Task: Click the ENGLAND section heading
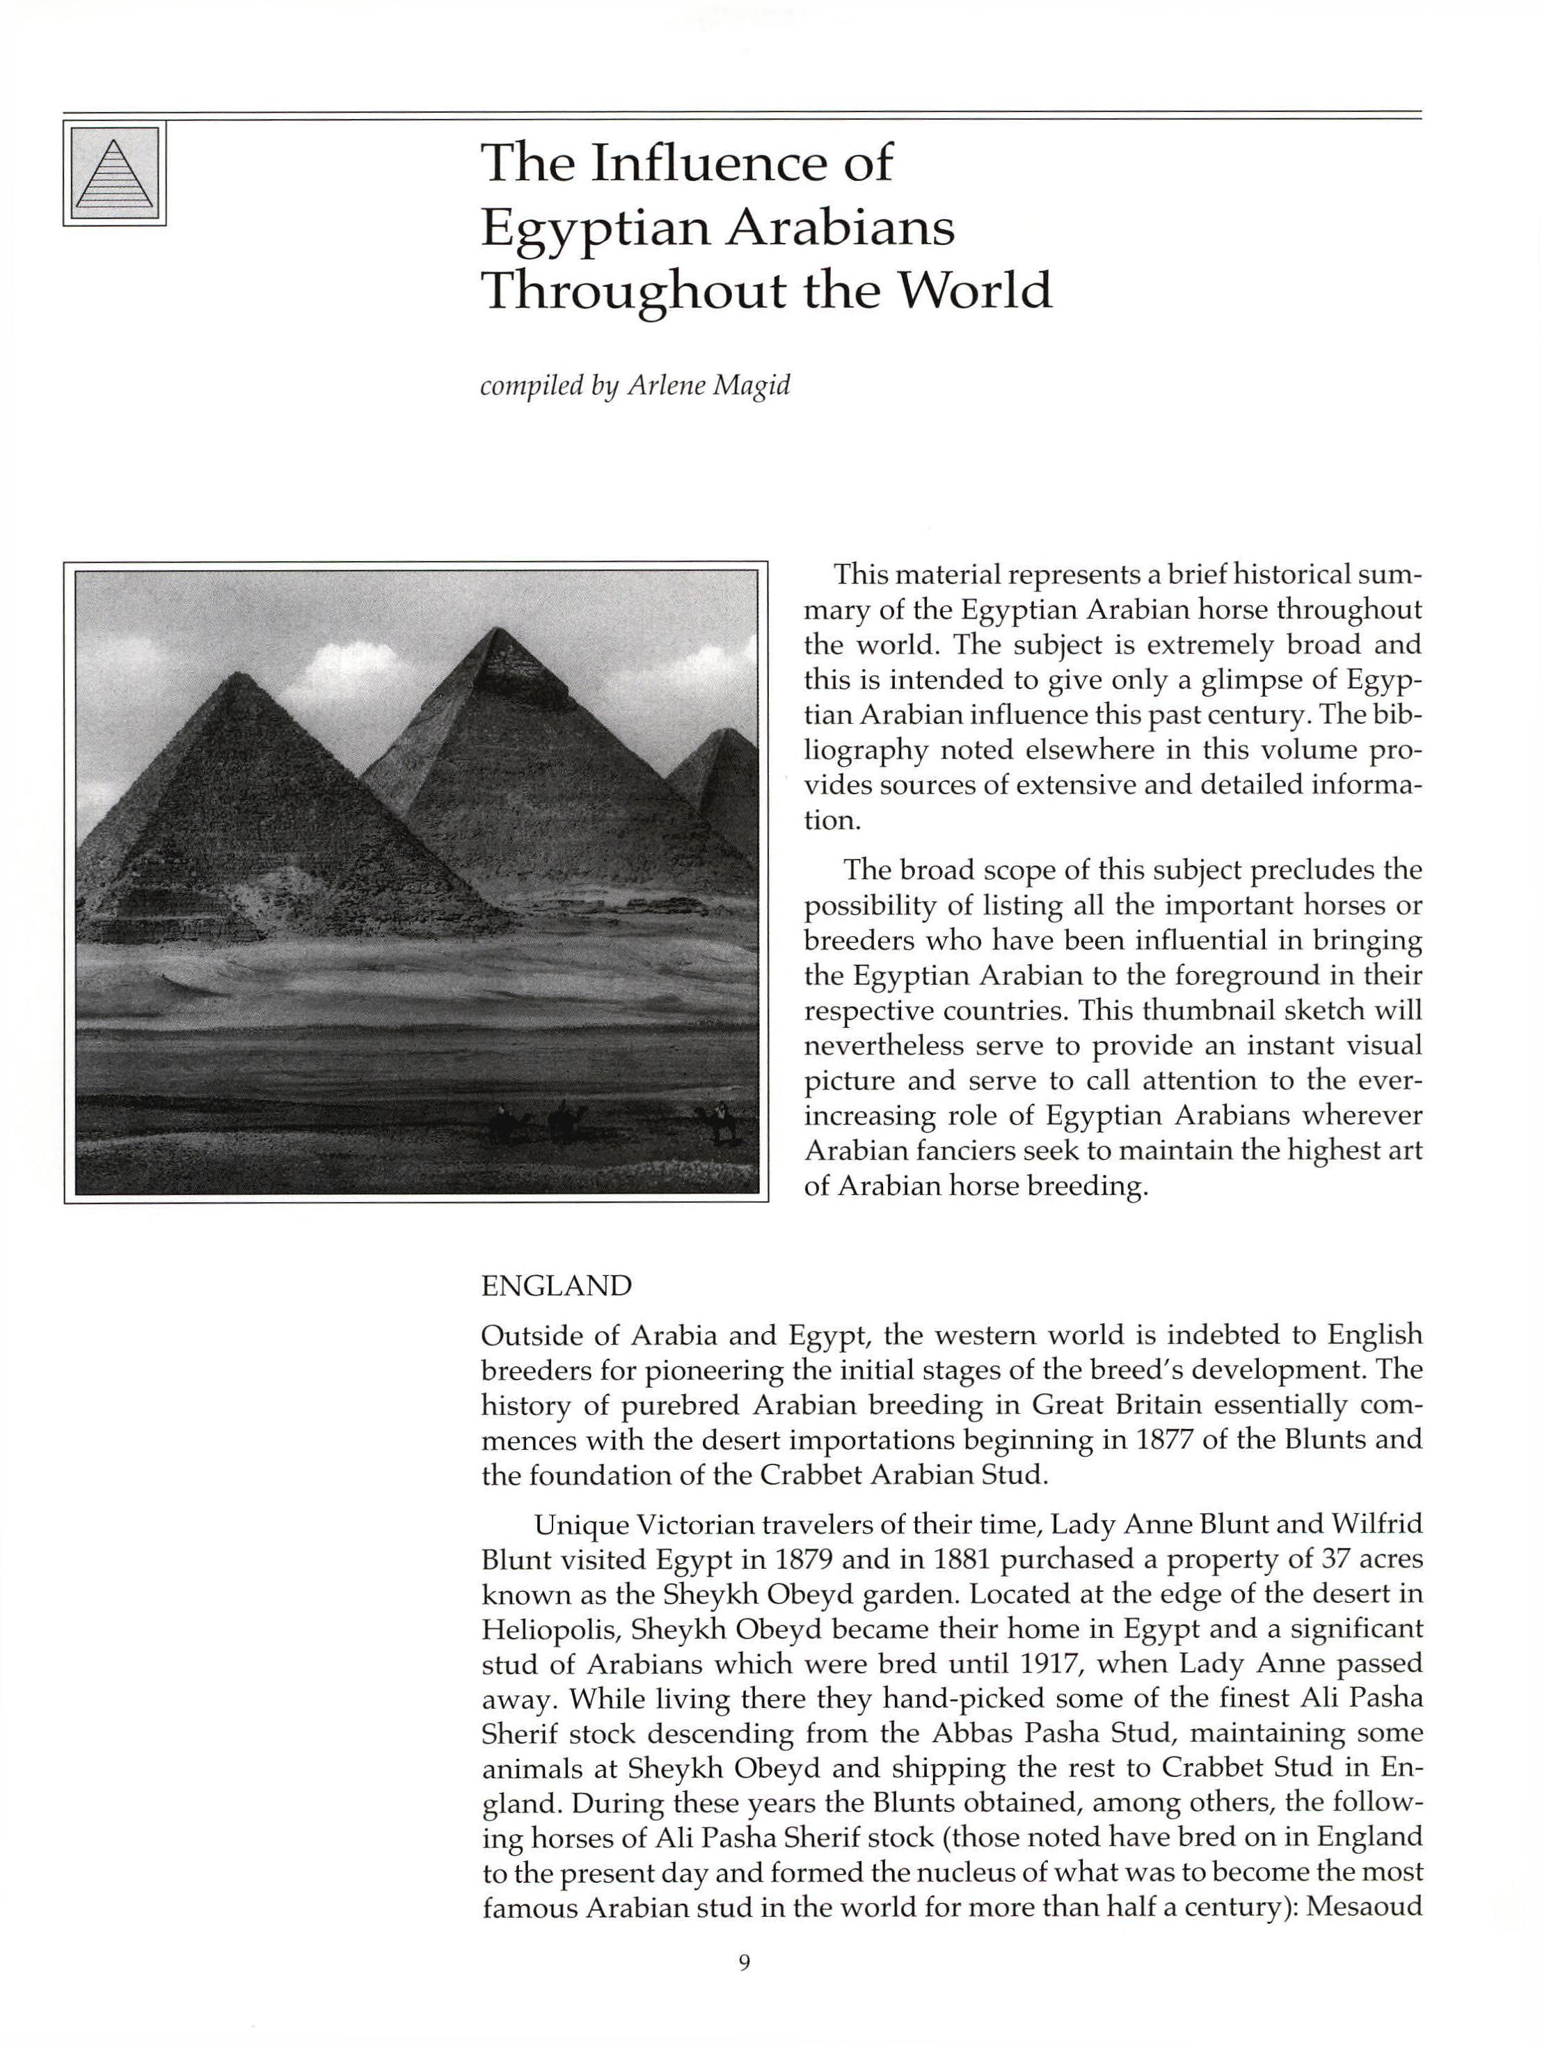[x=557, y=1286]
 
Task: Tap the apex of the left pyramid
[x=241, y=676]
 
